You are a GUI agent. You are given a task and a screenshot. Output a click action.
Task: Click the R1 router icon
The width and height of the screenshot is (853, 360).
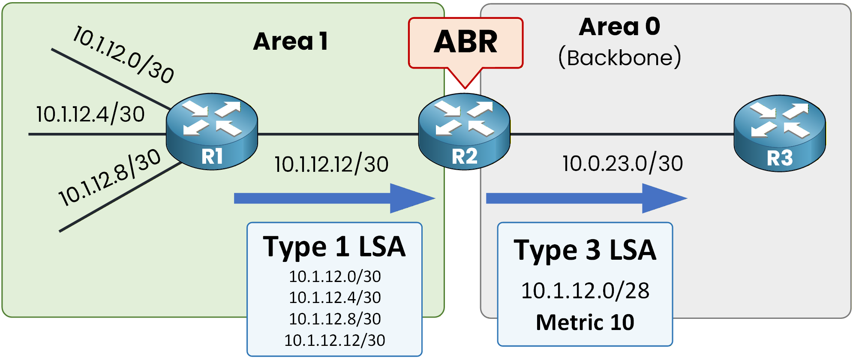point(212,131)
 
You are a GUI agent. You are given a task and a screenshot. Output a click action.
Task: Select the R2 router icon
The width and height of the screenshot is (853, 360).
point(464,131)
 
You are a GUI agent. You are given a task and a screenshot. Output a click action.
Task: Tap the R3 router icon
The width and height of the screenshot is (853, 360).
point(779,133)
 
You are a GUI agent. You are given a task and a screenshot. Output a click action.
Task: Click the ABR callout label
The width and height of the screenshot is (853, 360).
point(466,42)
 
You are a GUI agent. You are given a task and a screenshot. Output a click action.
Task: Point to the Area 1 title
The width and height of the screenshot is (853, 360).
point(291,42)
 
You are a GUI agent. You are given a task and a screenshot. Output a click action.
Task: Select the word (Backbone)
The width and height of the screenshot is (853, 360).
point(619,57)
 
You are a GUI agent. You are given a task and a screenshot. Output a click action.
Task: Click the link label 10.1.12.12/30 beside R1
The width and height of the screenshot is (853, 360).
point(331,165)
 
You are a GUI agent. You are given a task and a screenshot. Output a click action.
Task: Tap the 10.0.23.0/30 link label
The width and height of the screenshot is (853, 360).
point(622,164)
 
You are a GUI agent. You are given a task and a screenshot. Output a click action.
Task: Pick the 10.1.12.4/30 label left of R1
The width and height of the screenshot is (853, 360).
point(90,114)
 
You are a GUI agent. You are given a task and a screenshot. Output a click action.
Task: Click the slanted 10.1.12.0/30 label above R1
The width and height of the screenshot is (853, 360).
point(123,54)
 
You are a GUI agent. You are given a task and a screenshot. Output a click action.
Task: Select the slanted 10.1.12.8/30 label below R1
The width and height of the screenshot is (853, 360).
point(110,177)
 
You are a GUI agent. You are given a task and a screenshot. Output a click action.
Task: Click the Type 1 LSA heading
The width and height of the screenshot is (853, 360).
point(334,247)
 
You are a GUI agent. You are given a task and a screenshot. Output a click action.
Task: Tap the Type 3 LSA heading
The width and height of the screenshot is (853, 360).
point(585,250)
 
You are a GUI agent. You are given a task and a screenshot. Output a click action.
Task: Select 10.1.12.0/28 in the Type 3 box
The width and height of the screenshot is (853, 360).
point(585,291)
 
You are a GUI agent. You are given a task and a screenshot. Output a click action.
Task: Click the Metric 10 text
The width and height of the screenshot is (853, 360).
point(585,322)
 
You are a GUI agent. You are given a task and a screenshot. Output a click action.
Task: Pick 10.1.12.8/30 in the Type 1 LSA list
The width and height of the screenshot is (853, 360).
point(335,319)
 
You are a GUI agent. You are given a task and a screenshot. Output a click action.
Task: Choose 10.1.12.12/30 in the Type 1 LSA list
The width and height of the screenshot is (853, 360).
point(335,340)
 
